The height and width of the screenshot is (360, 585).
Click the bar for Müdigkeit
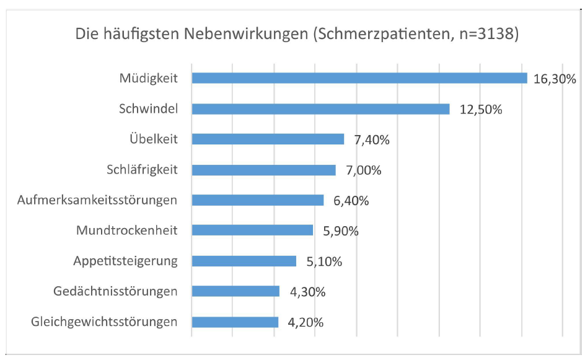coord(359,78)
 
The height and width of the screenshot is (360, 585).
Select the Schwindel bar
coord(320,108)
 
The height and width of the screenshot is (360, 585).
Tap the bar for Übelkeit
coord(268,139)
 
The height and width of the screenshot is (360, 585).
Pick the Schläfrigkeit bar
coord(263,169)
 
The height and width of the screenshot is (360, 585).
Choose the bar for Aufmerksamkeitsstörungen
coord(258,200)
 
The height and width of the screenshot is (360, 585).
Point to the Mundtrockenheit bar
coord(252,230)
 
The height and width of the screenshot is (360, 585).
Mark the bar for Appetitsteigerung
coord(244,261)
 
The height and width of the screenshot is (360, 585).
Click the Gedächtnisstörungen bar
coord(235,291)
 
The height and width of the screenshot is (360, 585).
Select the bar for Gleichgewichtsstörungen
coord(235,322)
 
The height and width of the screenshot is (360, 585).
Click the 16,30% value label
coord(555,79)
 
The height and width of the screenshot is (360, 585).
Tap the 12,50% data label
coord(480,109)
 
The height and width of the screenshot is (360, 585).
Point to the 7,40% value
coord(372,139)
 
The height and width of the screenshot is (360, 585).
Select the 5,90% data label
coord(341,230)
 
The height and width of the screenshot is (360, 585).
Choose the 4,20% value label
coord(306,322)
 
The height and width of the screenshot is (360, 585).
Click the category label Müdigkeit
coord(149,78)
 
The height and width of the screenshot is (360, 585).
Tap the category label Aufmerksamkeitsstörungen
coord(99,200)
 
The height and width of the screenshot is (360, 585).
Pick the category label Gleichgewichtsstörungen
coord(103,322)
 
